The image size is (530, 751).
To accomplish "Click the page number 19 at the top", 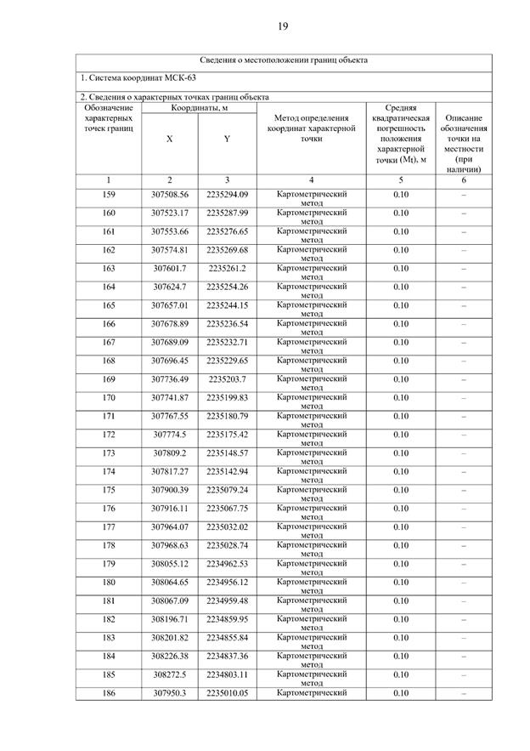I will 282,26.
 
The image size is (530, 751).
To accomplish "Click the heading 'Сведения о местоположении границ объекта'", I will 284,61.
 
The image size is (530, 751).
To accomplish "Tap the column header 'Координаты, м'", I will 199,108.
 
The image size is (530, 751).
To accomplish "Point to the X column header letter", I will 170,138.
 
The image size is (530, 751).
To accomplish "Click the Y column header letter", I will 227,138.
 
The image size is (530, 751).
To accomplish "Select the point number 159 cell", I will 109,195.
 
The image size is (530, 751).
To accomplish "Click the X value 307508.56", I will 170,195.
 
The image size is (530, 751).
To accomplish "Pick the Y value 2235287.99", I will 227,213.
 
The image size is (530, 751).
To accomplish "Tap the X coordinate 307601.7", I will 170,268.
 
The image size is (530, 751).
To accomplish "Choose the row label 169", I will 109,379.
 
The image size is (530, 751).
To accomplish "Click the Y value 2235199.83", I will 227,398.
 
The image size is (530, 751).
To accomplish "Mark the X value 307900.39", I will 170,490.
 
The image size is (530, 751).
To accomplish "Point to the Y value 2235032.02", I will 227,527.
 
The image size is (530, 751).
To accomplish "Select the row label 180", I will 109,583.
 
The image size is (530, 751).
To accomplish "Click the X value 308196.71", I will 170,619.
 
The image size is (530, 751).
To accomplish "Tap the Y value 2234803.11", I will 227,674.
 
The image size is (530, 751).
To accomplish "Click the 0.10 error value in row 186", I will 401,693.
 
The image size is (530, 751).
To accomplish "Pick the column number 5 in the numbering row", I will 401,180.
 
